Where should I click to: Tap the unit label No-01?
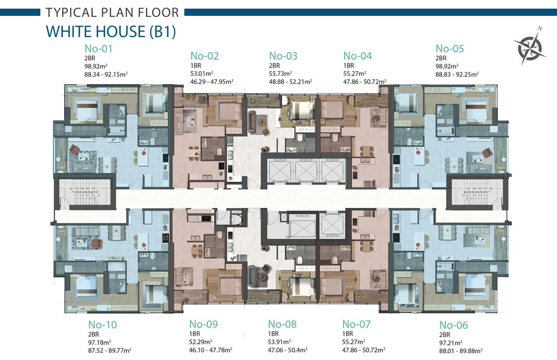[98, 48]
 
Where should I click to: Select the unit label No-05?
[450, 48]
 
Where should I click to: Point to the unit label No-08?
[282, 324]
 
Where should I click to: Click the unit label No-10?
[102, 324]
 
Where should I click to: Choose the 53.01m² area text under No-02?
[201, 73]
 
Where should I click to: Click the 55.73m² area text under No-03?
[280, 73]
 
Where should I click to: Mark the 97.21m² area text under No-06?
[450, 343]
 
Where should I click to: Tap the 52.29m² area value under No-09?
[200, 342]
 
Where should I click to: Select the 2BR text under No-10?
[94, 334]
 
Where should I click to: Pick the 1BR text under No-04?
[349, 66]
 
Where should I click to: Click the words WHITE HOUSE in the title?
[96, 32]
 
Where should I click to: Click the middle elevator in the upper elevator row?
[306, 171]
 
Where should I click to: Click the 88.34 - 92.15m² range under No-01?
[106, 74]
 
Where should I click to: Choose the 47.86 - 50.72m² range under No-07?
[363, 350]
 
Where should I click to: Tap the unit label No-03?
[283, 56]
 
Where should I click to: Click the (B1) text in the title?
[163, 32]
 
